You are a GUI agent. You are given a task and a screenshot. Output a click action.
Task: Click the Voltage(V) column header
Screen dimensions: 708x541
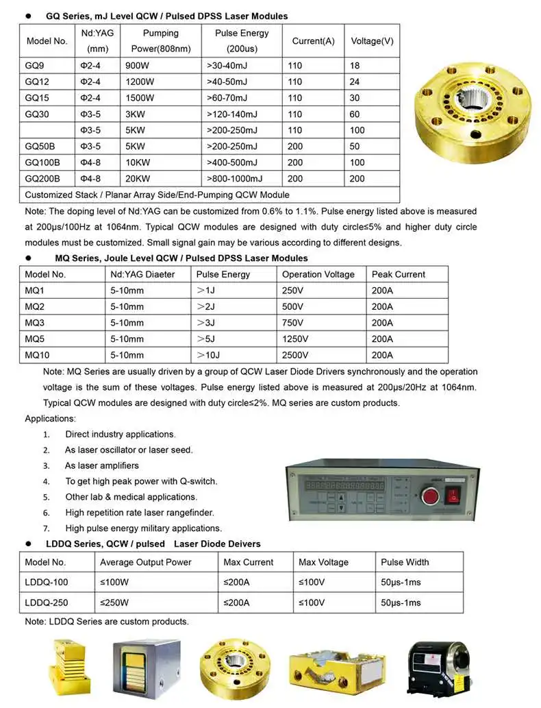click(372, 41)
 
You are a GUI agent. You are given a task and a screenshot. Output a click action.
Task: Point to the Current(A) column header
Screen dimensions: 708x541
click(313, 41)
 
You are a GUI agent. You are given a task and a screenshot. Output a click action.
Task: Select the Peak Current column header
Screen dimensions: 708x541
click(399, 274)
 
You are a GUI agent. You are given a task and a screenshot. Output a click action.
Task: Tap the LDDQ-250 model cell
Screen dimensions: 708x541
click(47, 603)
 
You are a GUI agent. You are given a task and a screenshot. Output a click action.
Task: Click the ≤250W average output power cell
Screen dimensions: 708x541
click(116, 603)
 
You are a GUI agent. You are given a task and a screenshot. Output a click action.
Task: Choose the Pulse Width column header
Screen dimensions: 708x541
click(405, 562)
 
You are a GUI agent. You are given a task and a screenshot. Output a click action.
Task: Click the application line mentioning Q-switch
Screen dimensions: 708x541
click(141, 481)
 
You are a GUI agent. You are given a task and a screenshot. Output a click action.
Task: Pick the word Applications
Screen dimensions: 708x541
click(51, 418)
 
